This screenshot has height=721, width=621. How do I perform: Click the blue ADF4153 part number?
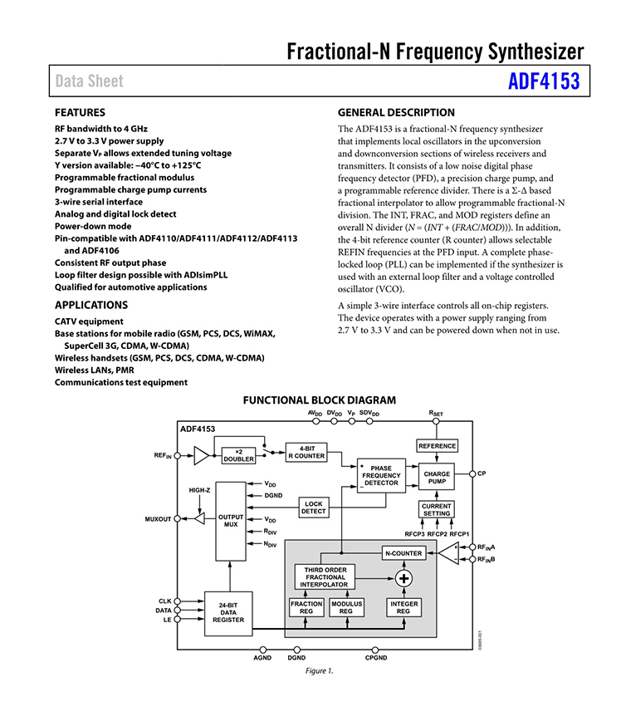tap(543, 82)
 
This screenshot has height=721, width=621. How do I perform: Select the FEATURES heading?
tap(80, 112)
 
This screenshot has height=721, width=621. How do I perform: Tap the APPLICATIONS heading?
tap(90, 305)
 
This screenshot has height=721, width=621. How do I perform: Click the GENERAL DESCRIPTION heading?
tap(396, 113)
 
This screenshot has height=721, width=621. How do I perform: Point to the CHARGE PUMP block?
tap(437, 478)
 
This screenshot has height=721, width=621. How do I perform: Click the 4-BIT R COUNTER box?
tap(306, 452)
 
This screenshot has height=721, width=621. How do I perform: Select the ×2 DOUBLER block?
tap(238, 455)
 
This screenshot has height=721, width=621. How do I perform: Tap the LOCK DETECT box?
tap(313, 508)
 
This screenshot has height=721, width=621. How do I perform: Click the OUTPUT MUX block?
tap(230, 521)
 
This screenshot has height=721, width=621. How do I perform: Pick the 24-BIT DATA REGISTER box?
tap(227, 613)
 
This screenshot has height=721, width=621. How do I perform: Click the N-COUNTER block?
tap(403, 553)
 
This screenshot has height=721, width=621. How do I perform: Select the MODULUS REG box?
tap(345, 607)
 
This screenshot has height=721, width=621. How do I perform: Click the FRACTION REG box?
tap(306, 607)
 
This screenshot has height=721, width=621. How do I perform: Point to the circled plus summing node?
tap(404, 578)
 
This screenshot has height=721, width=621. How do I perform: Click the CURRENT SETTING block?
tap(436, 509)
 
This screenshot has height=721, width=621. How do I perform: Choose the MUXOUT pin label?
tap(158, 519)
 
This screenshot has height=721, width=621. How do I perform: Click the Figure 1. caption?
tap(320, 671)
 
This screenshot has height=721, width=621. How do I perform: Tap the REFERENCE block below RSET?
tap(437, 446)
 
